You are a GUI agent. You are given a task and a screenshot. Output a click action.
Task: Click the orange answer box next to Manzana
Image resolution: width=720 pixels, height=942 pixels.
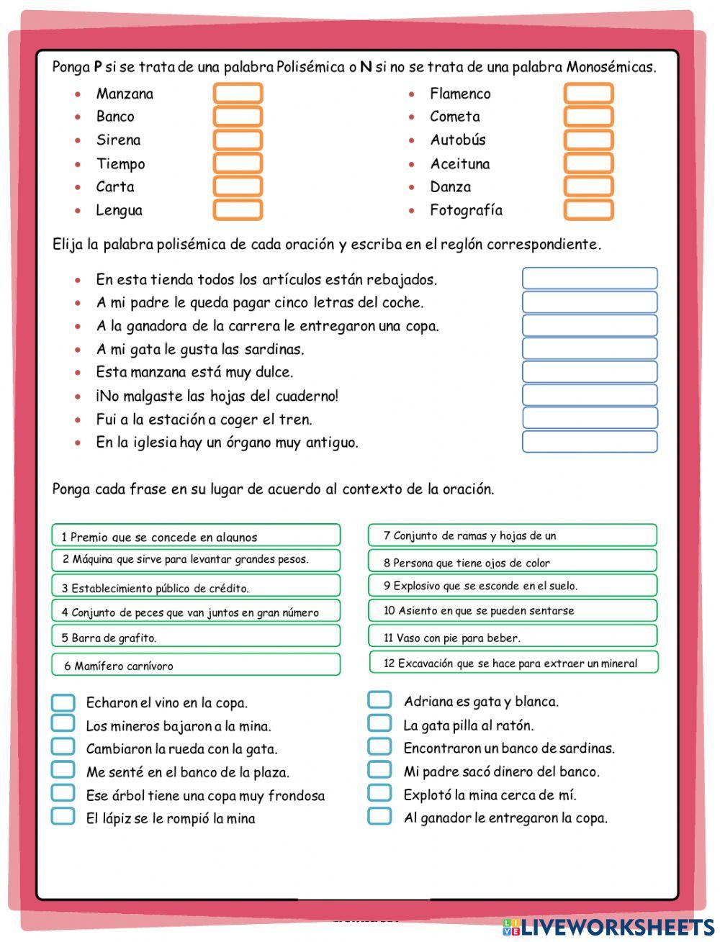tap(238, 94)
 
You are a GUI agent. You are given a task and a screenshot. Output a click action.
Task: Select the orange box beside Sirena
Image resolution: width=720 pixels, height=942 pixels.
tap(238, 140)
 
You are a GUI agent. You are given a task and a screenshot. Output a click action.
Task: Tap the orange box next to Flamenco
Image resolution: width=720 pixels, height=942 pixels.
tap(588, 94)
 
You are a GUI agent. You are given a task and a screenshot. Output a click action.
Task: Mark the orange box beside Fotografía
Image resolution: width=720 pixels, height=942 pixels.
tap(588, 210)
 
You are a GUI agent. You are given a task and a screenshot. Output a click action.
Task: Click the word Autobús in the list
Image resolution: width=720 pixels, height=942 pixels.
tap(458, 140)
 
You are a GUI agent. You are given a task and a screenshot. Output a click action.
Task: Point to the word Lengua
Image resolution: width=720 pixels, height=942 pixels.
tap(120, 211)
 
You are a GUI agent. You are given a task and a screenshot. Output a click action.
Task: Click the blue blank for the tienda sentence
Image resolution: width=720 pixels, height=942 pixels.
tap(589, 278)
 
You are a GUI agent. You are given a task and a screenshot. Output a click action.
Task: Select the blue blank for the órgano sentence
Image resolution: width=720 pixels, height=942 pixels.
tap(589, 442)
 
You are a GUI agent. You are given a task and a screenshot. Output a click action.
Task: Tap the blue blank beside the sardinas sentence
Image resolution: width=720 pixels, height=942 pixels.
tap(589, 348)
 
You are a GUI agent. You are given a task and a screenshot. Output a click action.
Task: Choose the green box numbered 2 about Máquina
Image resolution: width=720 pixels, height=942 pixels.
tap(196, 560)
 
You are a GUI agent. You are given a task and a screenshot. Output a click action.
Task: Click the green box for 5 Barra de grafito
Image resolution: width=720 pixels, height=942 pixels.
tap(196, 636)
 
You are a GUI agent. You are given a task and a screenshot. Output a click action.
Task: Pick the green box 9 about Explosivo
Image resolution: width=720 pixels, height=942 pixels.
tap(513, 585)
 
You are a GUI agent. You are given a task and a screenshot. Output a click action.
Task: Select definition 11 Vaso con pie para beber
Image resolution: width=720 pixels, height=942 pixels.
tap(513, 636)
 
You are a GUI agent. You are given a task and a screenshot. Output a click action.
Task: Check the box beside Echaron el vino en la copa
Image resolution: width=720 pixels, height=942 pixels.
tap(63, 702)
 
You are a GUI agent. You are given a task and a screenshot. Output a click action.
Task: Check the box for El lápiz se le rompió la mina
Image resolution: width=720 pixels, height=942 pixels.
tap(63, 817)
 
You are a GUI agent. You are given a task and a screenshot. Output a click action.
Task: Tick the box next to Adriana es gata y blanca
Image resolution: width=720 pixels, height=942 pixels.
tap(379, 700)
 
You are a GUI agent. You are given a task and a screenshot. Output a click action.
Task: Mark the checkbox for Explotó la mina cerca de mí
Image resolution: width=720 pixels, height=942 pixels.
tap(379, 793)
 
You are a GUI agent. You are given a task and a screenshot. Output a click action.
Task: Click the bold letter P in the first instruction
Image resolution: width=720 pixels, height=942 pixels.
tap(97, 68)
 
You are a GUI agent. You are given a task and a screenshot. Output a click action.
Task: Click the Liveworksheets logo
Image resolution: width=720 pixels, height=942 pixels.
tap(608, 926)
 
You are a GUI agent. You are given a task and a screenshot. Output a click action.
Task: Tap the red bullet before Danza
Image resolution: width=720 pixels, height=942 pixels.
tap(412, 187)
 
